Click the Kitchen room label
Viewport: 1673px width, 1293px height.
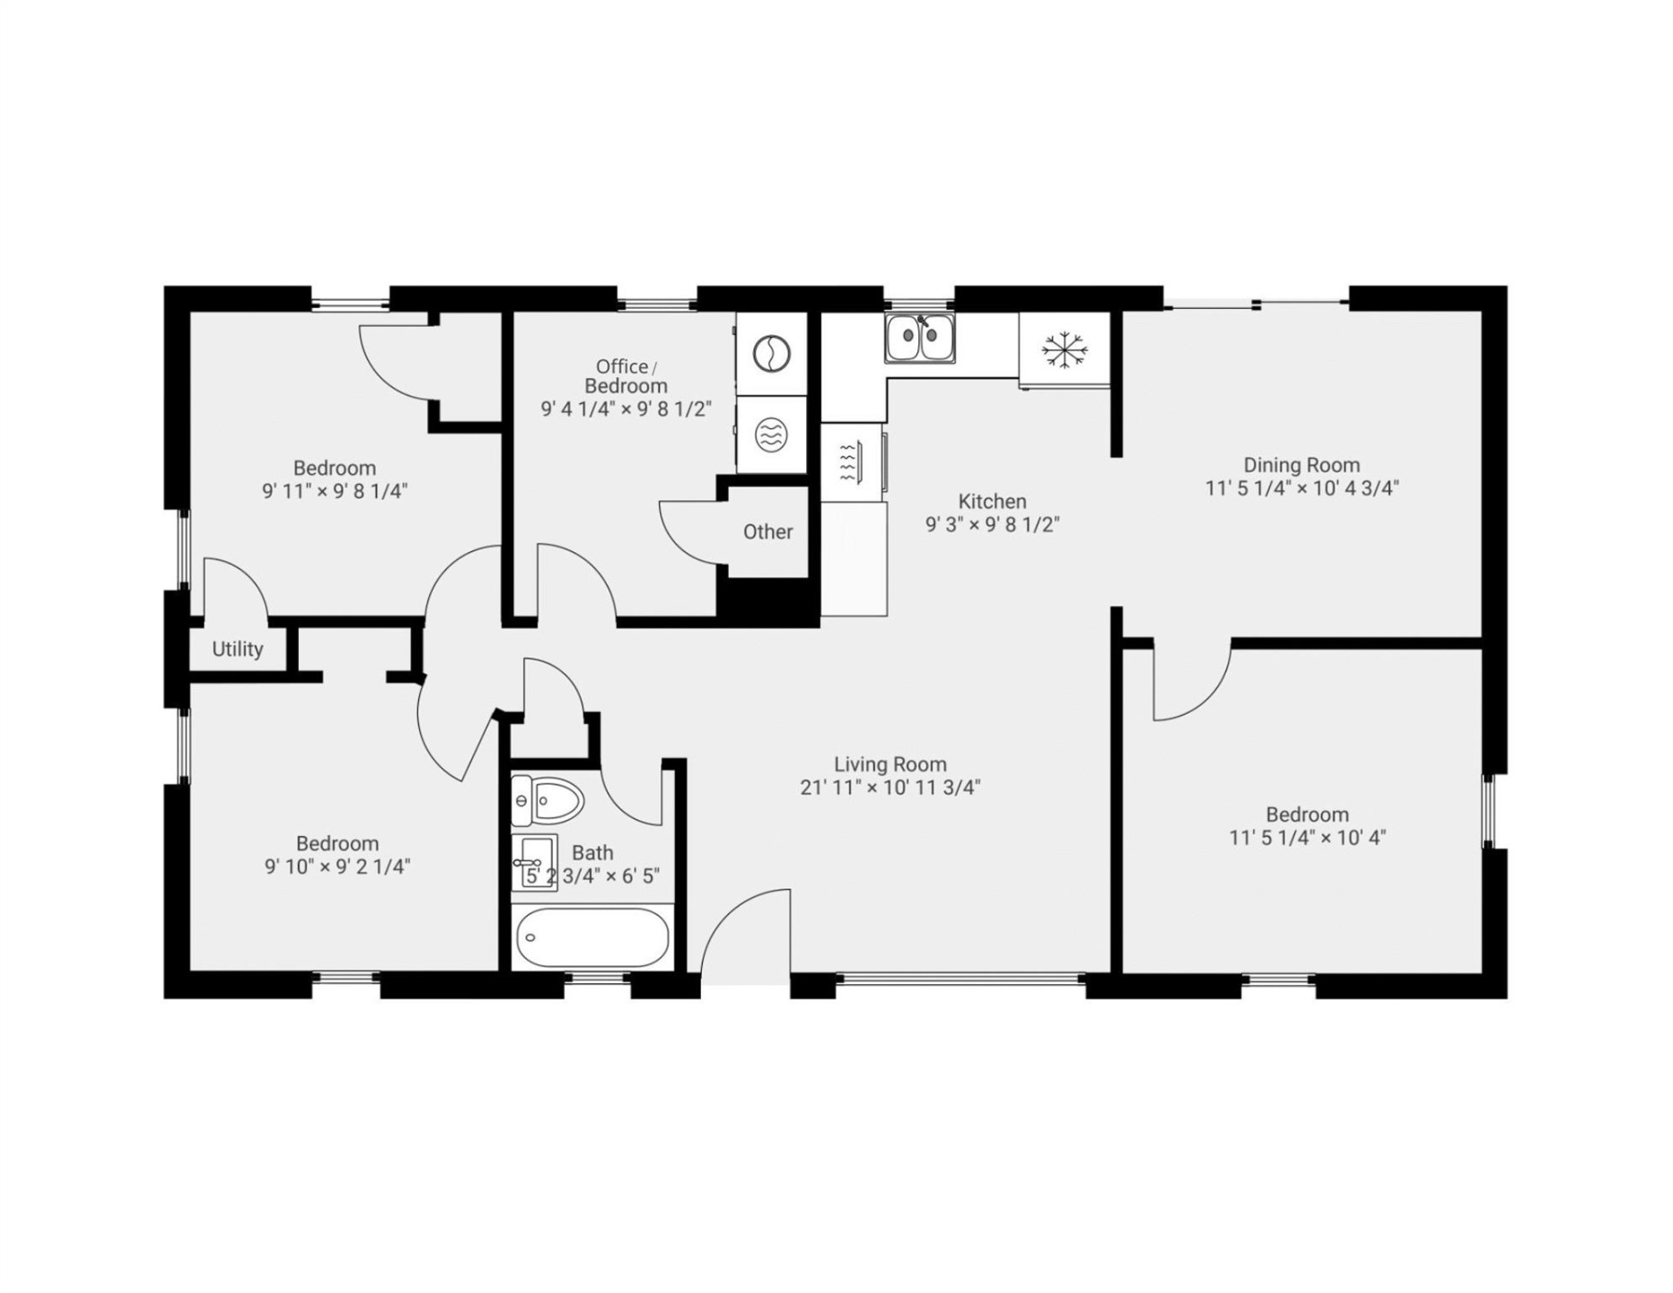pos(992,502)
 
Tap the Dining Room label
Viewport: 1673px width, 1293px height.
pos(1301,465)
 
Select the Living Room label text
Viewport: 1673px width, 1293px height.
pos(890,764)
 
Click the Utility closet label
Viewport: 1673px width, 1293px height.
pos(238,649)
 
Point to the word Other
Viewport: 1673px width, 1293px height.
pos(767,532)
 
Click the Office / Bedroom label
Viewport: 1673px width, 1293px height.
pos(626,376)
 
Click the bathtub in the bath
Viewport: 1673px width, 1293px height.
pos(592,937)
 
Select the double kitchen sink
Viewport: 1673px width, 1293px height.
pos(919,339)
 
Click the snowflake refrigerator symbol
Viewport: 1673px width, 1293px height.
pos(1064,349)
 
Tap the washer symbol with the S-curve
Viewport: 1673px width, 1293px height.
pos(771,354)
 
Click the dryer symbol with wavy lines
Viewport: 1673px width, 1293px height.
pos(771,435)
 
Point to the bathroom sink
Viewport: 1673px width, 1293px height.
pos(534,863)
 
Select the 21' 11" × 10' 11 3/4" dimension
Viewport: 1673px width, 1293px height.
pos(890,787)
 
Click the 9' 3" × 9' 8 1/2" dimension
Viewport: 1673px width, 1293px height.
pos(992,524)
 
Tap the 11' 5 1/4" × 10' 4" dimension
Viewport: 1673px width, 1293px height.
pos(1307,838)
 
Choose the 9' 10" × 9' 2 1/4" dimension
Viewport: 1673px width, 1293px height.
pos(337,866)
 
